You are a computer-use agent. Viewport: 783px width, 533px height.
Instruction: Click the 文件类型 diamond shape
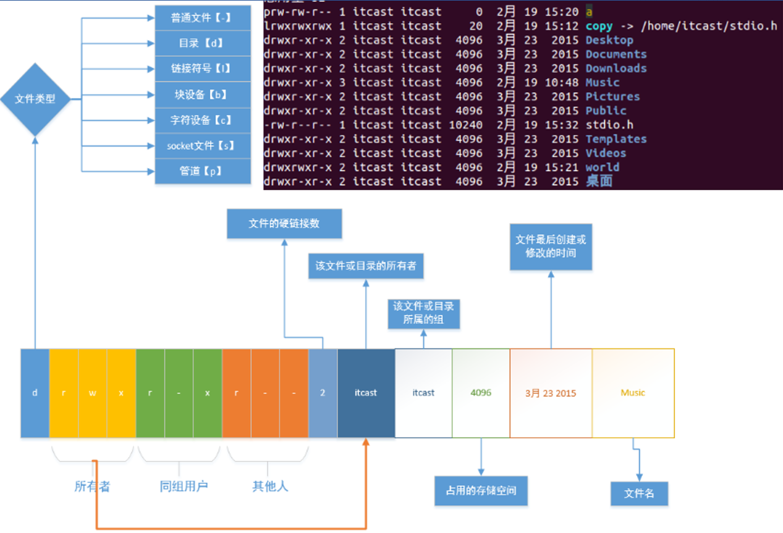pyautogui.click(x=35, y=99)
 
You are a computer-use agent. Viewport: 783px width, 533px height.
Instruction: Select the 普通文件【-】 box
pyautogui.click(x=203, y=18)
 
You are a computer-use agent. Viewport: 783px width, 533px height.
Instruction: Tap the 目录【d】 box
pyautogui.click(x=203, y=43)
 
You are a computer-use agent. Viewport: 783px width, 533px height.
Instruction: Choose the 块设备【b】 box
pyautogui.click(x=203, y=94)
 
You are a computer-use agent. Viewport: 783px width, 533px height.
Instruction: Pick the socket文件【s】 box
pyautogui.click(x=203, y=146)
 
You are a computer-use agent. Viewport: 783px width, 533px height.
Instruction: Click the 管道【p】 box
pyautogui.click(x=203, y=171)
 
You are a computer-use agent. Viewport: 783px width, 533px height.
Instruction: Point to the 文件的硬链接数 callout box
pyautogui.click(x=284, y=224)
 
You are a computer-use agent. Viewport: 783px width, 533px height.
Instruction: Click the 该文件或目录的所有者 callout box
pyautogui.click(x=366, y=266)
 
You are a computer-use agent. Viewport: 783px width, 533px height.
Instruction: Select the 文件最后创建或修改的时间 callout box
pyautogui.click(x=551, y=246)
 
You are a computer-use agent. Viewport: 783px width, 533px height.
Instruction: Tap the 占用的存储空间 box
pyautogui.click(x=481, y=491)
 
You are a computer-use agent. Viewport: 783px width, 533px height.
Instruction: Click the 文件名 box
pyautogui.click(x=640, y=493)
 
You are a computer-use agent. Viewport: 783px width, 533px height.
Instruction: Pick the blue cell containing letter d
pyautogui.click(x=35, y=393)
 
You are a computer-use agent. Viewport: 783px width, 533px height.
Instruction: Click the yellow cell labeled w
pyautogui.click(x=92, y=393)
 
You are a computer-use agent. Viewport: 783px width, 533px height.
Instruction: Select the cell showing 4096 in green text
pyautogui.click(x=481, y=393)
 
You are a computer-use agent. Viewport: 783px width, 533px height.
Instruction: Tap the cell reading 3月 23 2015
pyautogui.click(x=551, y=393)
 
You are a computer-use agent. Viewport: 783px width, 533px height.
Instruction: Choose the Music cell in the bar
pyautogui.click(x=633, y=393)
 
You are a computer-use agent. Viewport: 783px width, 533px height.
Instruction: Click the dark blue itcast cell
pyautogui.click(x=366, y=393)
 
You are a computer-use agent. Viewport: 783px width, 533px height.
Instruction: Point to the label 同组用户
pyautogui.click(x=184, y=486)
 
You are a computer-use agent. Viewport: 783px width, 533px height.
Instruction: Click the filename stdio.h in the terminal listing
pyautogui.click(x=609, y=125)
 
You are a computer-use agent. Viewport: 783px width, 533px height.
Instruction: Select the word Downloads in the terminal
pyautogui.click(x=616, y=68)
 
